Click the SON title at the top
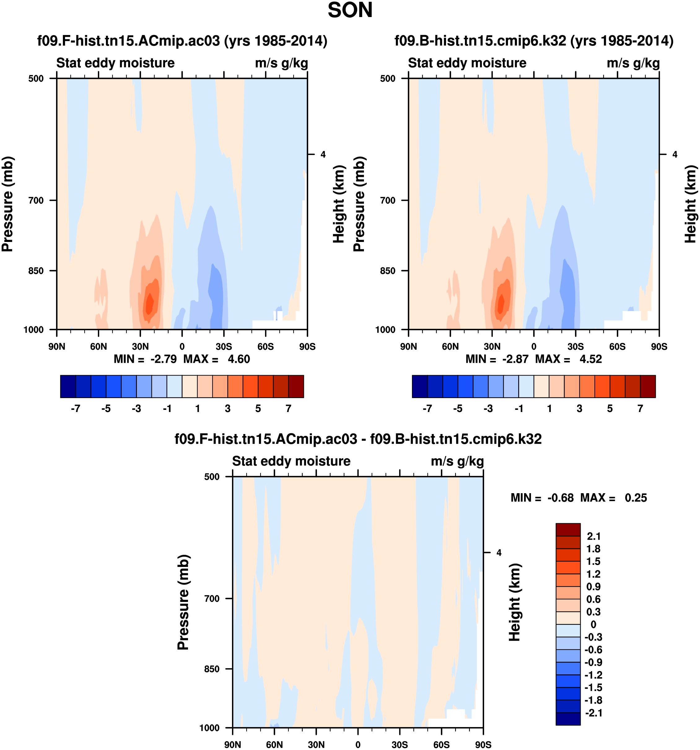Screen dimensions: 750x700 (x=350, y=10)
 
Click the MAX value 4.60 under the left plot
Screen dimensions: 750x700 (x=238, y=359)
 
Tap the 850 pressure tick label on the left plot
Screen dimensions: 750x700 (x=36, y=270)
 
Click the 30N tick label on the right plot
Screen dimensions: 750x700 (x=492, y=346)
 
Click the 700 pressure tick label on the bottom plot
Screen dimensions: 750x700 (x=212, y=598)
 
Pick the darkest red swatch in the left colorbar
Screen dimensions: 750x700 (x=296, y=386)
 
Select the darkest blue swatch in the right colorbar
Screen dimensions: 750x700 (x=419, y=386)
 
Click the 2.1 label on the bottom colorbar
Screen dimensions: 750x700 (x=593, y=536)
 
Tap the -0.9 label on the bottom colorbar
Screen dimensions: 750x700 (x=593, y=662)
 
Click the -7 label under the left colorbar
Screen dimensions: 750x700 (x=76, y=409)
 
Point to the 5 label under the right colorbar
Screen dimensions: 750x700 (x=610, y=409)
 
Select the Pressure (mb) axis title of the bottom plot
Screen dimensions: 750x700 (x=183, y=602)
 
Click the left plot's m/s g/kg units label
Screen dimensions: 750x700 (x=281, y=63)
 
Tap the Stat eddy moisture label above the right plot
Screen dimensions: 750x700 (x=467, y=63)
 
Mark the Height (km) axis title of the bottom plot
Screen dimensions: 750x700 (x=514, y=602)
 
